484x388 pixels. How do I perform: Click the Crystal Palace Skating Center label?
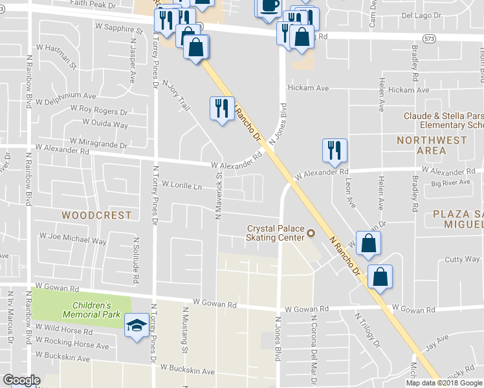pyautogui.click(x=276, y=233)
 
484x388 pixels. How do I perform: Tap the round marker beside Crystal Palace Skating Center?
pyautogui.click(x=311, y=233)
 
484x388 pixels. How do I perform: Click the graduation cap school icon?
pyautogui.click(x=137, y=325)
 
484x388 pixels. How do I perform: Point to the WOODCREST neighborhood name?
pyautogui.click(x=96, y=215)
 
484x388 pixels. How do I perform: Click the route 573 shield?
pyautogui.click(x=428, y=39)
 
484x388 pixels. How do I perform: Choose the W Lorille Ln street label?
pyautogui.click(x=182, y=186)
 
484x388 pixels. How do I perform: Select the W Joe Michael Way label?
pyautogui.click(x=73, y=241)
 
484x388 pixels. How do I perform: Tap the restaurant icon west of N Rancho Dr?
pyautogui.click(x=222, y=108)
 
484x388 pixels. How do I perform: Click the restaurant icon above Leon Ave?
pyautogui.click(x=335, y=150)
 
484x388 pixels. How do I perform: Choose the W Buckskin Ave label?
pyautogui.click(x=188, y=371)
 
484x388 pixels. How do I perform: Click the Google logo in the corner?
pyautogui.click(x=21, y=380)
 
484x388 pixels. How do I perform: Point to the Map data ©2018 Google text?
pyautogui.click(x=443, y=383)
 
